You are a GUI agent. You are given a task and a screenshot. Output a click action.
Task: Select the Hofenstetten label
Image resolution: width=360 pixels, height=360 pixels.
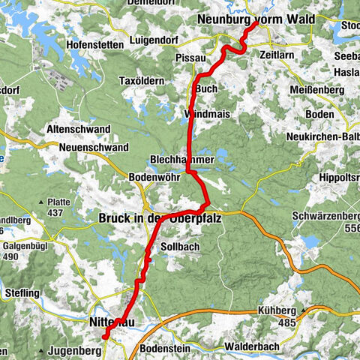tap(94, 44)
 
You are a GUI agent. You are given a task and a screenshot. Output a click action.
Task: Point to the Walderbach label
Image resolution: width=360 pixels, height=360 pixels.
tap(252, 348)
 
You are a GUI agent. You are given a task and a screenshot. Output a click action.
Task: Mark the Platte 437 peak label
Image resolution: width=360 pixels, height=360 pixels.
tap(54, 207)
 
